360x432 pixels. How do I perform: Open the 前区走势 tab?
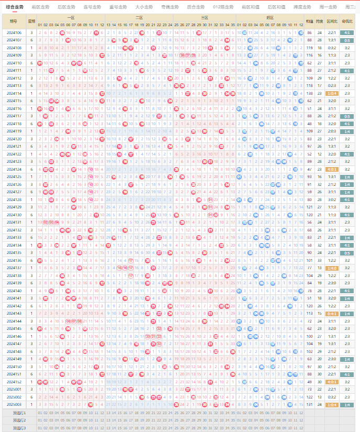pos(40,7)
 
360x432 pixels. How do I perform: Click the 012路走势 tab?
pos(223,7)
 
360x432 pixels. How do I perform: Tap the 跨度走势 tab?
pos(302,7)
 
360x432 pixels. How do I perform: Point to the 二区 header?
pos(139,17)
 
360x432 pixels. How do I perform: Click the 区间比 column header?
pos(332,21)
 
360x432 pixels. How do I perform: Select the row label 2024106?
pos(14,32)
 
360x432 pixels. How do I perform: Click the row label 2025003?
pos(14,404)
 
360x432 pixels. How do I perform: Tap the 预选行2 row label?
pos(19,420)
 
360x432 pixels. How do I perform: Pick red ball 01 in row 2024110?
pos(40,63)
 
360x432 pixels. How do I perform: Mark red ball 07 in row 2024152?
pos(74,382)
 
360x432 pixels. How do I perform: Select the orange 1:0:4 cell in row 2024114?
pos(332,93)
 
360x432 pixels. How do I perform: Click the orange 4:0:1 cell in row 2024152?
pos(332,382)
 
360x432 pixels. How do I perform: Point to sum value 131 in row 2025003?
pos(310,404)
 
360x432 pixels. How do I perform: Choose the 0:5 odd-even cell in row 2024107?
pos(347,40)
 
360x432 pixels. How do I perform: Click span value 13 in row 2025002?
pos(320,397)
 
